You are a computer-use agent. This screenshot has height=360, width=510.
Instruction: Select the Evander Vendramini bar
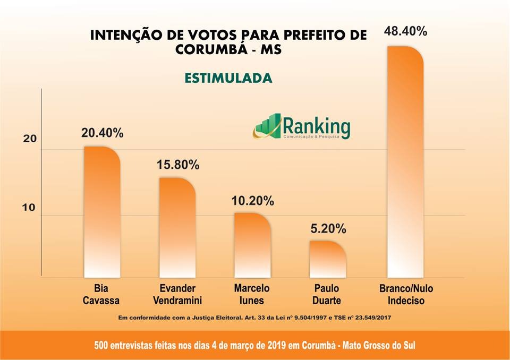click(177, 228)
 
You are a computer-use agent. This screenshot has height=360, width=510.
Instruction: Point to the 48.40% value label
click(405, 31)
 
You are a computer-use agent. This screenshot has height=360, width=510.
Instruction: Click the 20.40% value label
click(102, 133)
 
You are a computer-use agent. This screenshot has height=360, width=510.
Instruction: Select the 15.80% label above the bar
click(178, 165)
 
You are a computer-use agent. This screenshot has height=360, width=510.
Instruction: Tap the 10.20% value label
click(253, 201)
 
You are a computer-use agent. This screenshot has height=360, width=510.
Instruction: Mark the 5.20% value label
click(328, 229)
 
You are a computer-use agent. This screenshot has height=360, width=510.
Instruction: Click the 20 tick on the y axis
click(30, 139)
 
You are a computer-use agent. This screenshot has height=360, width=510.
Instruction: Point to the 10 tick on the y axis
click(29, 208)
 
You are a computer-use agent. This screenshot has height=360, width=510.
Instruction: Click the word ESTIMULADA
click(228, 78)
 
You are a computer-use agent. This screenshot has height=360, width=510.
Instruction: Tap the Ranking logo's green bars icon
click(267, 125)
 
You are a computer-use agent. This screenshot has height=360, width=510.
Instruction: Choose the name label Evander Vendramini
click(177, 295)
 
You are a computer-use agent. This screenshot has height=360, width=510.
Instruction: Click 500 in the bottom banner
click(103, 345)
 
